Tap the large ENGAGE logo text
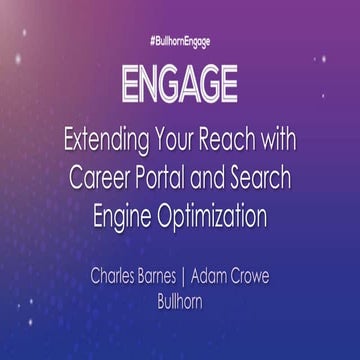[x=180, y=85]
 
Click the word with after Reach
[x=285, y=138]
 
